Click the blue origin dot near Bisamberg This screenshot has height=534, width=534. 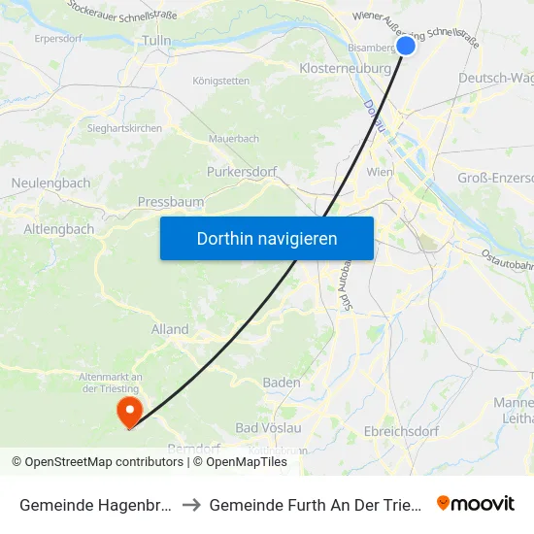click(406, 45)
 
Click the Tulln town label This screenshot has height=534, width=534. click(156, 40)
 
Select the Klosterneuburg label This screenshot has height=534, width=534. click(345, 69)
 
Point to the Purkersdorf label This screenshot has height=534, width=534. click(242, 172)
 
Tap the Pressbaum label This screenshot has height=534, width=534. click(170, 202)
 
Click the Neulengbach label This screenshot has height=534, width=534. click(50, 183)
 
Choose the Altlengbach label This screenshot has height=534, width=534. click(59, 229)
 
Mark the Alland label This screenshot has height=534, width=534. click(170, 329)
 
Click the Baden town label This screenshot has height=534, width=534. click(282, 383)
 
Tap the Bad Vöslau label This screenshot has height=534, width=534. click(268, 428)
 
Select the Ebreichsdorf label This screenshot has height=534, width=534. click(401, 431)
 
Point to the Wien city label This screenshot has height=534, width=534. click(379, 172)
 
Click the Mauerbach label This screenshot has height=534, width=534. click(233, 139)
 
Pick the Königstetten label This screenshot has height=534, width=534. click(221, 82)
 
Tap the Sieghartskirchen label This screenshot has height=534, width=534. click(124, 128)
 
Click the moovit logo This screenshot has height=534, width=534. click(476, 503)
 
